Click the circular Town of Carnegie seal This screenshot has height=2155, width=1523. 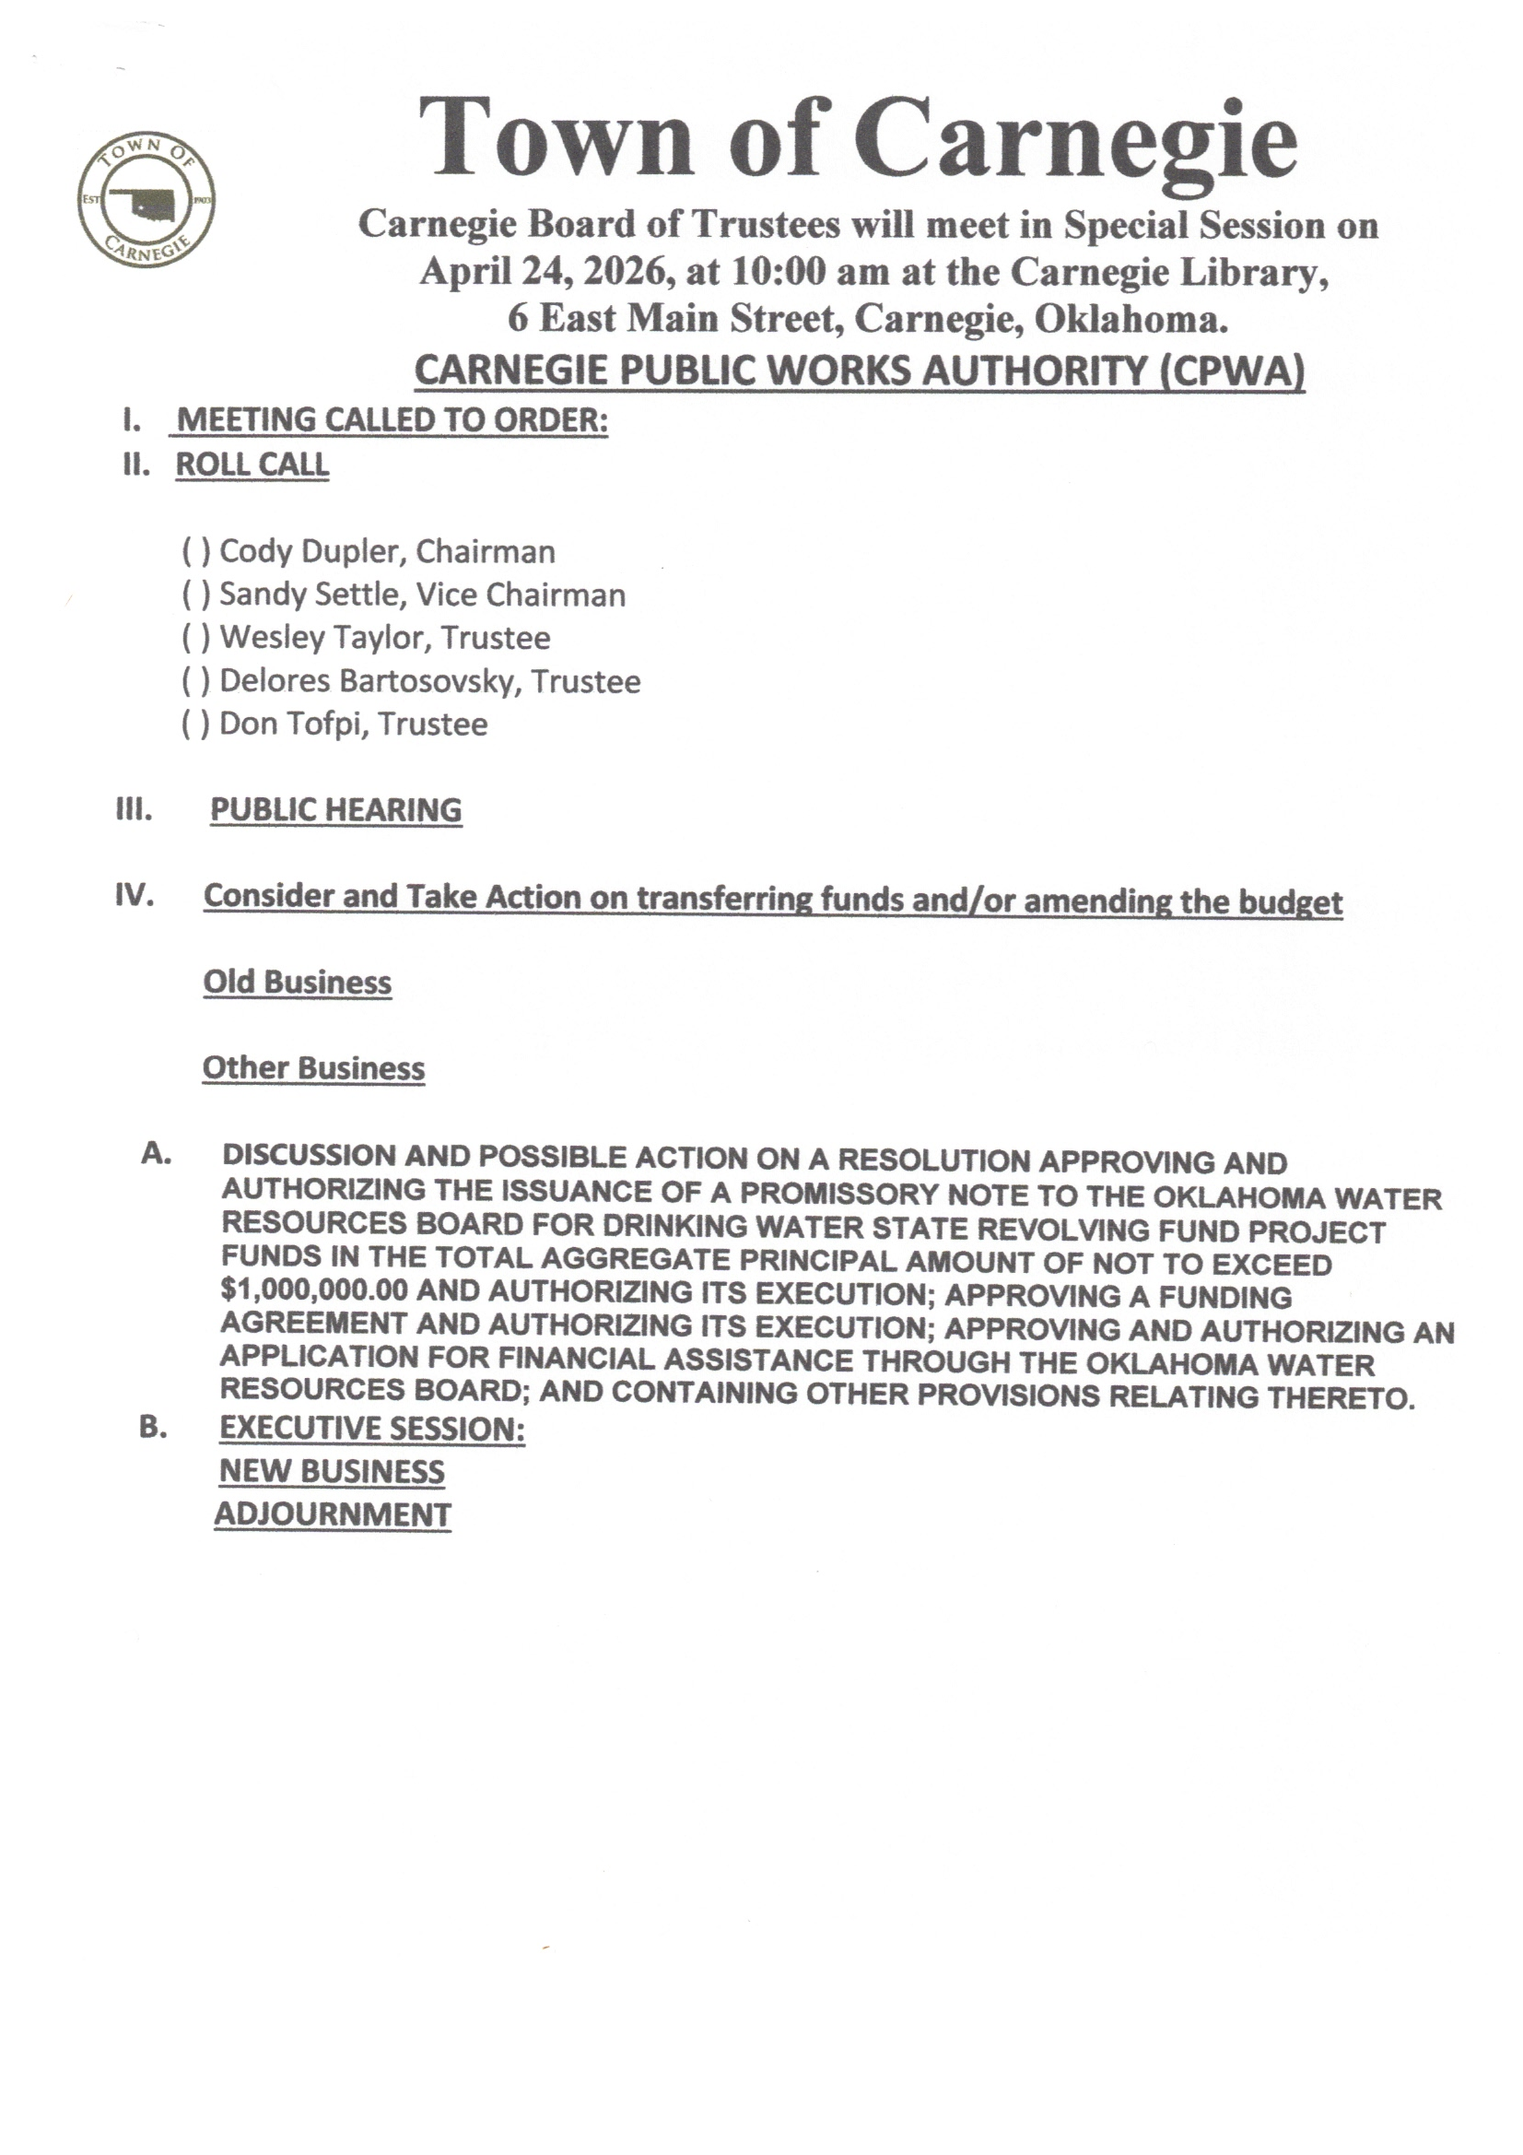coord(146,199)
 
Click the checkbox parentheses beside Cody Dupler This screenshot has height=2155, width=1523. coord(195,552)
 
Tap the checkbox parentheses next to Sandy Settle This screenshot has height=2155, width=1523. coord(195,595)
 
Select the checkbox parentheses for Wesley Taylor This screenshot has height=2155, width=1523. coord(195,638)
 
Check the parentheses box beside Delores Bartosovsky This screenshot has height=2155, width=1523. coord(195,681)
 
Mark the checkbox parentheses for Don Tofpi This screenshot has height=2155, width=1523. coord(195,724)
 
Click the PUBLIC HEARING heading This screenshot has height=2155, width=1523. coord(335,810)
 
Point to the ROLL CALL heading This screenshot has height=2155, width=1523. coord(252,465)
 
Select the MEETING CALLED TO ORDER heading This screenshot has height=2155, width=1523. coord(392,420)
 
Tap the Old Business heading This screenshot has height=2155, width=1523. coord(297,983)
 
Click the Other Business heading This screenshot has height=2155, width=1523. coord(313,1068)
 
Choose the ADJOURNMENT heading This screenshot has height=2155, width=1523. coord(333,1515)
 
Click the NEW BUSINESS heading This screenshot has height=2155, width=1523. coord(332,1472)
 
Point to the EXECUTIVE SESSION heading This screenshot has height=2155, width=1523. coord(371,1429)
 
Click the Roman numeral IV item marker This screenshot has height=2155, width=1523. coord(135,895)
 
